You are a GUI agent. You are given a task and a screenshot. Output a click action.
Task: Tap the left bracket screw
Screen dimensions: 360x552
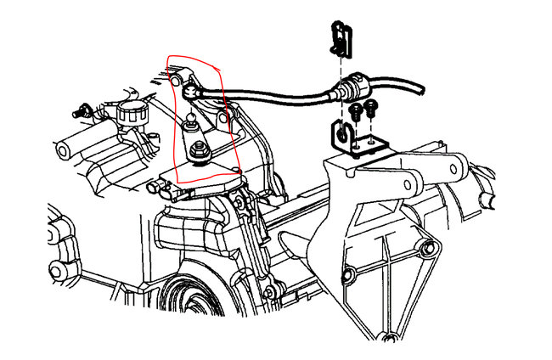355,110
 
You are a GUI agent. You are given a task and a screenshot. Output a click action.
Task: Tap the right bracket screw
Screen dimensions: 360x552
369,107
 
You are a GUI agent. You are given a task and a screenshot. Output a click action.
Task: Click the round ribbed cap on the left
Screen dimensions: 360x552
133,111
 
